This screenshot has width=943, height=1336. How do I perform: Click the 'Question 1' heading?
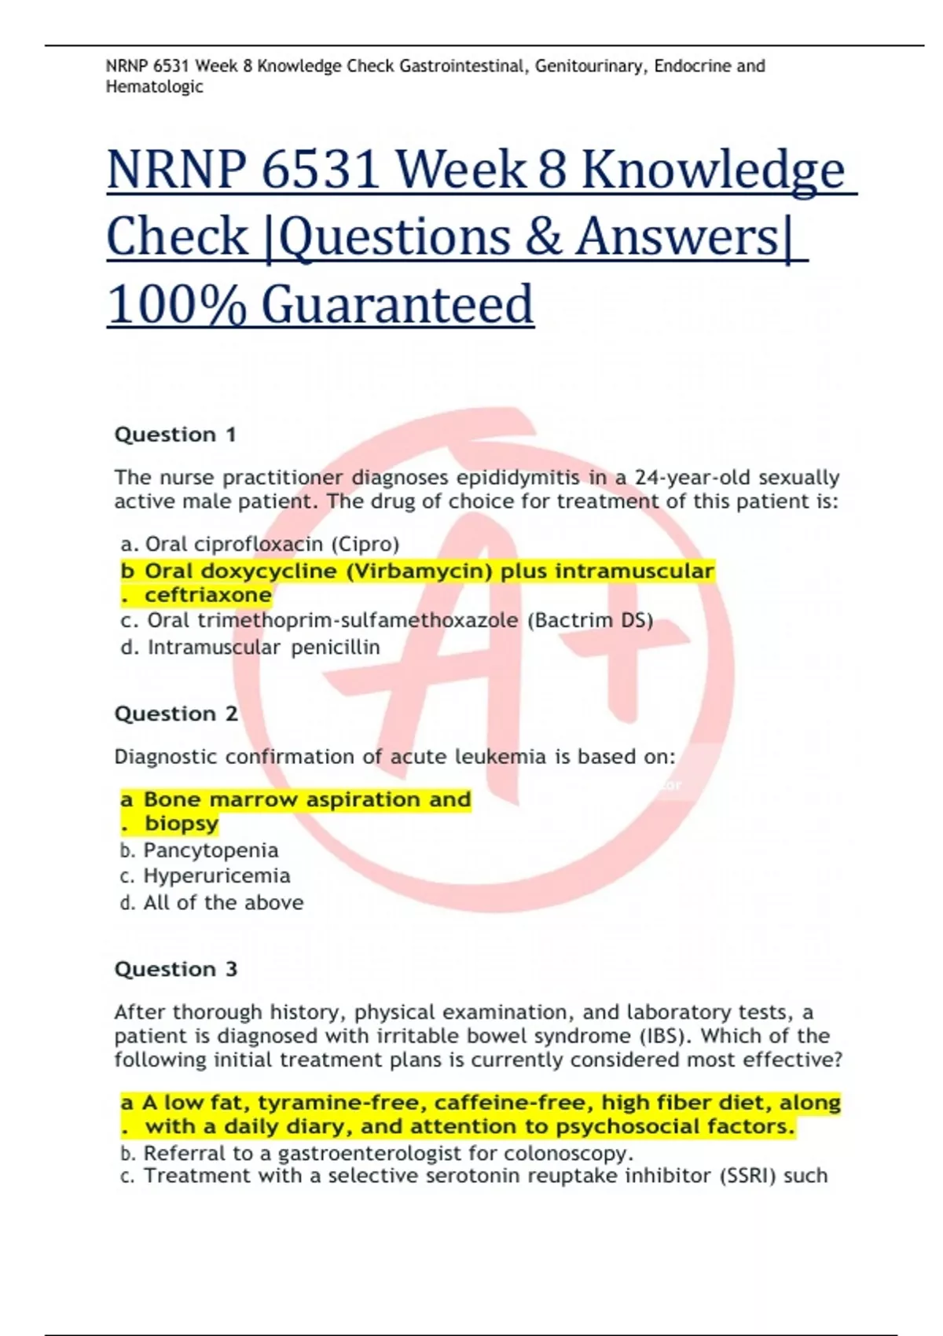click(175, 435)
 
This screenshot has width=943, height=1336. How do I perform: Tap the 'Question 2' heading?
click(176, 714)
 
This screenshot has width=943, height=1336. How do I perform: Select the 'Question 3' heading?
click(176, 969)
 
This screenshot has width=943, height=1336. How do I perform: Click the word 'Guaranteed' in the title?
click(398, 305)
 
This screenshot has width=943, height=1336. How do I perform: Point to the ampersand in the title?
click(543, 237)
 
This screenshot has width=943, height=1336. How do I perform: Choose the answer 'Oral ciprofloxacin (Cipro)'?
click(272, 544)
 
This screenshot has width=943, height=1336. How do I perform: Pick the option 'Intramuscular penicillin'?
click(263, 648)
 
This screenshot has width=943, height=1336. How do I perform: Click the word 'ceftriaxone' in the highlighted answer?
click(208, 595)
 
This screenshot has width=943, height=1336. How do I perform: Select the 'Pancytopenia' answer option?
click(211, 850)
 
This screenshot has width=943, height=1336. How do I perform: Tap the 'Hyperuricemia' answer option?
click(217, 875)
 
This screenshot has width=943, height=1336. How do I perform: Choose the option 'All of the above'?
click(223, 902)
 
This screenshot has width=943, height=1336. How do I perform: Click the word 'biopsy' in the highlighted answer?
click(182, 824)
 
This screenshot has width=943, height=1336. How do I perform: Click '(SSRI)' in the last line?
click(747, 1176)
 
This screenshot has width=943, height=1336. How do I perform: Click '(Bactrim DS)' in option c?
click(590, 621)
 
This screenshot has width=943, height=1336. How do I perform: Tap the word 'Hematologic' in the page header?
click(155, 87)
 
